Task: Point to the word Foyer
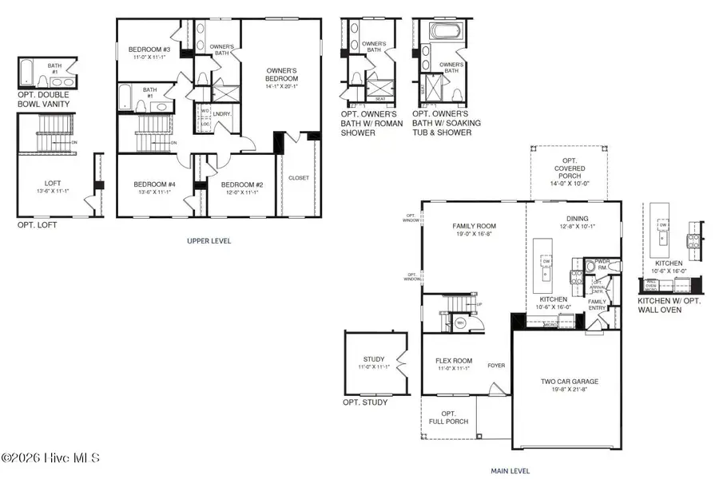tap(496, 366)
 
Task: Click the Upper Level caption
tap(209, 240)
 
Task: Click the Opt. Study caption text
tap(365, 402)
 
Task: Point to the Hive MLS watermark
tap(50, 458)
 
